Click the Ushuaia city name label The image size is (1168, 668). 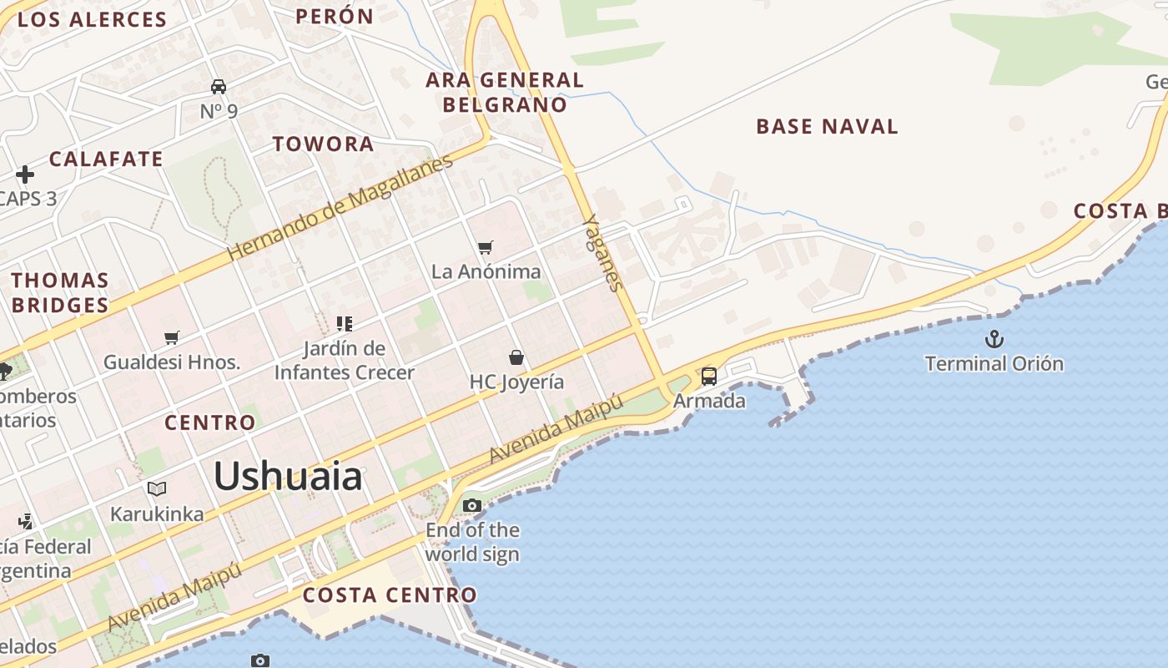(288, 476)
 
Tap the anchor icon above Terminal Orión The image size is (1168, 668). (994, 339)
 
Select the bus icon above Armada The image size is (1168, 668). (708, 377)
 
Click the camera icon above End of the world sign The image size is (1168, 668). (472, 505)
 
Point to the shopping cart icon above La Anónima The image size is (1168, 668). (486, 247)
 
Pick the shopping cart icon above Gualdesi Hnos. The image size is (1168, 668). (172, 337)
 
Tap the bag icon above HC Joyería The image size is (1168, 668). (516, 358)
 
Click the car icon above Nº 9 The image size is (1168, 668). (219, 87)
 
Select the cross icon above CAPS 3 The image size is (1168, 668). (25, 175)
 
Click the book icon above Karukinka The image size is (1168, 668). (157, 489)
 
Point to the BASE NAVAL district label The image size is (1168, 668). (827, 127)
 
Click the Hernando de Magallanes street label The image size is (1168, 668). (340, 206)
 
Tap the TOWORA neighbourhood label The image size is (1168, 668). (324, 144)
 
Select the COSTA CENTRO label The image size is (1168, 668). (390, 595)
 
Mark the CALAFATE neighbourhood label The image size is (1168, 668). (106, 159)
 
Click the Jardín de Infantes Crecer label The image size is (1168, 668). (344, 360)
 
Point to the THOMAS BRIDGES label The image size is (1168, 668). (60, 292)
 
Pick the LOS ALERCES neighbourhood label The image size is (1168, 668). (92, 20)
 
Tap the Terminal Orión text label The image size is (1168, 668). (994, 363)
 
